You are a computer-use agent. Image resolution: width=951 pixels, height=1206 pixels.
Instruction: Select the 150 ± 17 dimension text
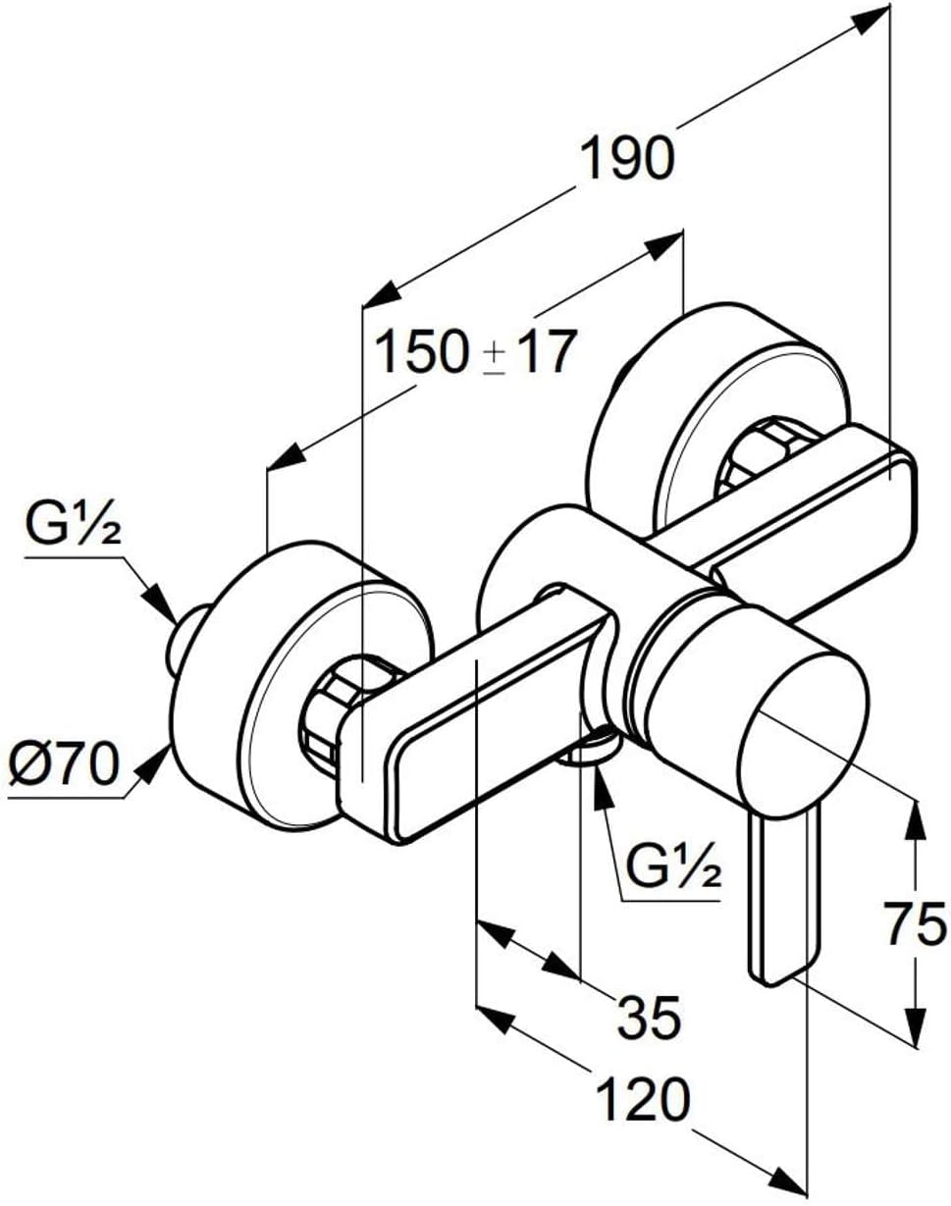475,352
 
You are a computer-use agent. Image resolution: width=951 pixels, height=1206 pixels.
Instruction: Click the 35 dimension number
649,1018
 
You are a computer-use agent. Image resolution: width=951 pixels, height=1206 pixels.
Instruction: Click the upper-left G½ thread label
73,530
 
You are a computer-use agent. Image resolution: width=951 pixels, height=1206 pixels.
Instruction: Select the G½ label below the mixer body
672,867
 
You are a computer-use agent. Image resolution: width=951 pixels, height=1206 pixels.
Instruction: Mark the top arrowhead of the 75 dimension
914,816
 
